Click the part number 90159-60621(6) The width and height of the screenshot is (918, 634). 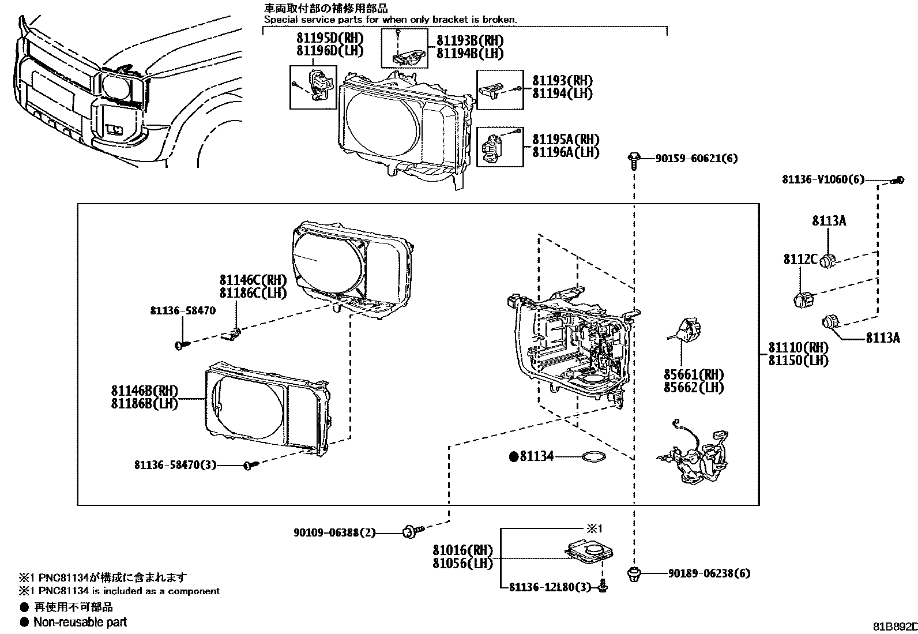[696, 158]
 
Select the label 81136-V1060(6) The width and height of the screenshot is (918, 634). [823, 179]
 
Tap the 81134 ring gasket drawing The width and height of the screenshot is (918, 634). [594, 457]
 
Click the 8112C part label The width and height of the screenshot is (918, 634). [800, 260]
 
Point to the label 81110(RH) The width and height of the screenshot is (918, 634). [797, 348]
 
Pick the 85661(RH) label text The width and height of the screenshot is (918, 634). [694, 374]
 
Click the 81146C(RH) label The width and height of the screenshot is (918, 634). [253, 280]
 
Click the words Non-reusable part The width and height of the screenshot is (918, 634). [80, 622]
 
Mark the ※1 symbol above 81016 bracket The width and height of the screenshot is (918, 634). [595, 528]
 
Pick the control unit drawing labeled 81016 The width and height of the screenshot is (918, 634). [588, 550]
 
